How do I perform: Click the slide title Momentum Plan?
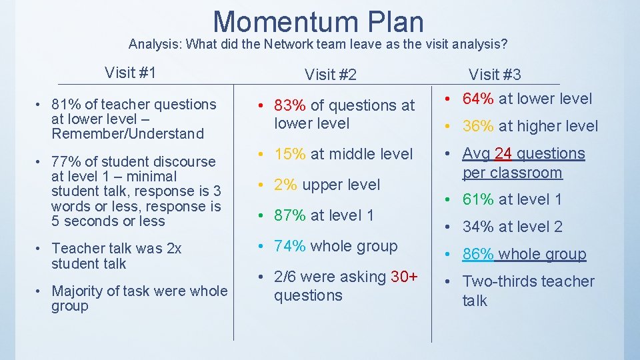pyautogui.click(x=318, y=21)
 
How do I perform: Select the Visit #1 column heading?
pyautogui.click(x=130, y=72)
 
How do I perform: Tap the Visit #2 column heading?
pyautogui.click(x=331, y=75)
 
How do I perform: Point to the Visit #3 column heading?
pyautogui.click(x=495, y=74)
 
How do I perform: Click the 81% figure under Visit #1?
pyautogui.click(x=65, y=104)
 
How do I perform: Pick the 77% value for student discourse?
pyautogui.click(x=65, y=161)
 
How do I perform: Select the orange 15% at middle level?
pyautogui.click(x=289, y=153)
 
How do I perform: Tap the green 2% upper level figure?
pyautogui.click(x=285, y=185)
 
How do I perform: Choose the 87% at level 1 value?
pyautogui.click(x=289, y=215)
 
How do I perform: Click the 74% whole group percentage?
pyautogui.click(x=289, y=246)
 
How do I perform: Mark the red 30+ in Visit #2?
pyautogui.click(x=404, y=277)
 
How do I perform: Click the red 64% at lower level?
pyautogui.click(x=479, y=99)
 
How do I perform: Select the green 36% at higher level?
pyautogui.click(x=479, y=126)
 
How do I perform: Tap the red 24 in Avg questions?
pyautogui.click(x=503, y=153)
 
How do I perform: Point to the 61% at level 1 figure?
pyautogui.click(x=479, y=199)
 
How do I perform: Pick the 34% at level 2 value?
pyautogui.click(x=479, y=227)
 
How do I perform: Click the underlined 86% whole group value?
pyautogui.click(x=479, y=254)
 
